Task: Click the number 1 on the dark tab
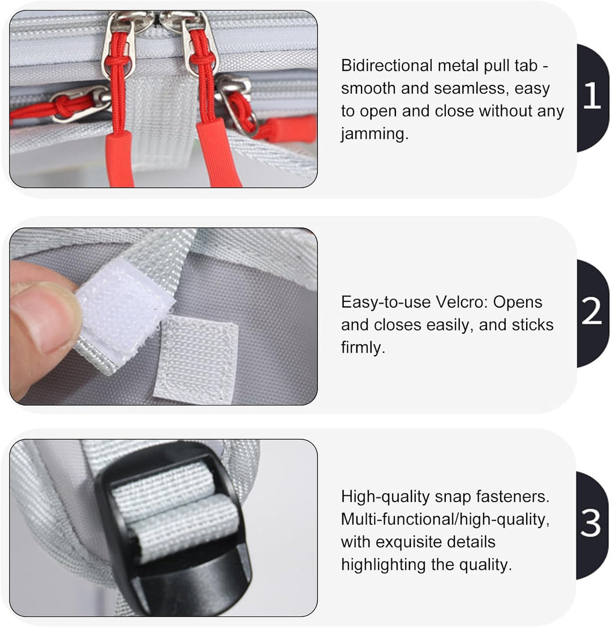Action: pos(592,96)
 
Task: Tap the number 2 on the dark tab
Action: pos(592,311)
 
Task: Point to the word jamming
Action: pos(375,134)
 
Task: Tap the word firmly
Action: pos(363,348)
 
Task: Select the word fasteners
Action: pos(513,496)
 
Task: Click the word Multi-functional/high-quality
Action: pos(445,520)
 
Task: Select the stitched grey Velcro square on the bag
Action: pos(196,358)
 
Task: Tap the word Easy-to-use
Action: pos(385,302)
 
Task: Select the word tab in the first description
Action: pos(525,66)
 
